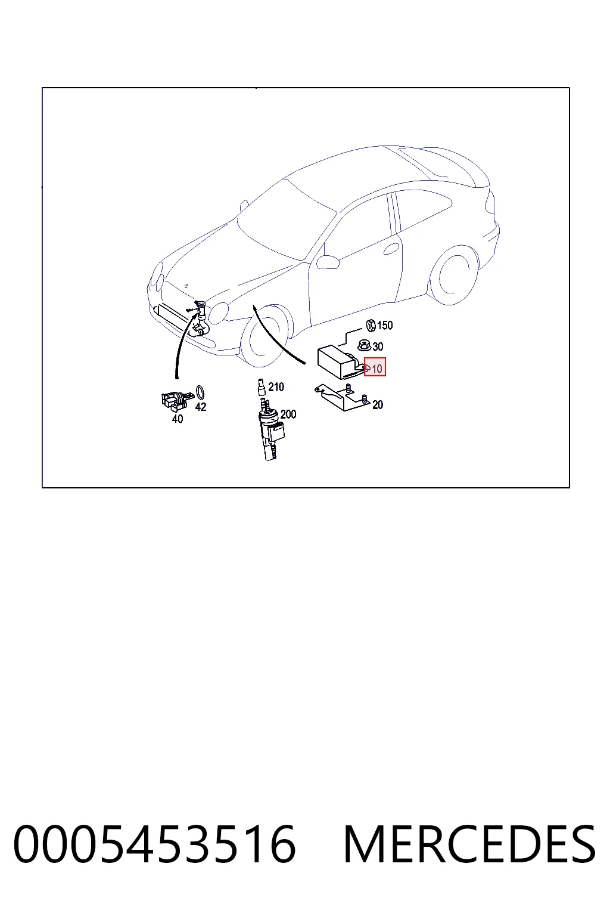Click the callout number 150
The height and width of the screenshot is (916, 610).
pyautogui.click(x=384, y=326)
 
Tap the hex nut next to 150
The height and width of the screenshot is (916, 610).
pyautogui.click(x=371, y=326)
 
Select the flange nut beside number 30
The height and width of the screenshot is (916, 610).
pyautogui.click(x=364, y=346)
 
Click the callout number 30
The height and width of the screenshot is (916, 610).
pyautogui.click(x=378, y=346)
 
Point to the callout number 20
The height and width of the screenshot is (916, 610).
pyautogui.click(x=378, y=405)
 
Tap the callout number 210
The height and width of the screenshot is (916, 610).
pyautogui.click(x=276, y=387)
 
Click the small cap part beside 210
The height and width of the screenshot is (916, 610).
pyautogui.click(x=260, y=387)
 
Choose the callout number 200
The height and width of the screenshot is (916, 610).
pyautogui.click(x=288, y=414)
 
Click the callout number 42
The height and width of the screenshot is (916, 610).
pyautogui.click(x=201, y=407)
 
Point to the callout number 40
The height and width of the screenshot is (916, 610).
pyautogui.click(x=178, y=419)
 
